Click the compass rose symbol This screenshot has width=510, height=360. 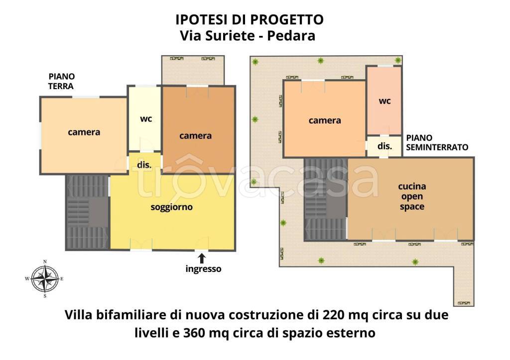pyautogui.click(x=45, y=279)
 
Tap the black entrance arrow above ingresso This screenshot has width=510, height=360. pyautogui.click(x=202, y=258)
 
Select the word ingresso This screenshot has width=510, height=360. pyautogui.click(x=203, y=269)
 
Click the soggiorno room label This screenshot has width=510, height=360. pyautogui.click(x=171, y=207)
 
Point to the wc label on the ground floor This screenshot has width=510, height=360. pyautogui.click(x=146, y=119)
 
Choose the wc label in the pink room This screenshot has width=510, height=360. pyautogui.click(x=384, y=101)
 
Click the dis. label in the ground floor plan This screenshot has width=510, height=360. pyautogui.click(x=144, y=165)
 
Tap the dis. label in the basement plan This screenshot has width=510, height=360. pyautogui.click(x=384, y=146)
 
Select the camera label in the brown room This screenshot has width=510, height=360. pyautogui.click(x=196, y=135)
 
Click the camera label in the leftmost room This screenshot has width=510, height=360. pyautogui.click(x=84, y=132)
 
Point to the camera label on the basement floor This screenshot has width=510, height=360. pyautogui.click(x=325, y=120)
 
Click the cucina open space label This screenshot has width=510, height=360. pyautogui.click(x=412, y=196)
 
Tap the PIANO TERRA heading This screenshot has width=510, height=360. pyautogui.click(x=61, y=81)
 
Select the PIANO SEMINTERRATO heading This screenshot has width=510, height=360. pyautogui.click(x=437, y=142)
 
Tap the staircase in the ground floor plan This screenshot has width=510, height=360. pyautogui.click(x=87, y=212)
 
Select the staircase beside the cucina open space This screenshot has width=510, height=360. pyautogui.click(x=325, y=199)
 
